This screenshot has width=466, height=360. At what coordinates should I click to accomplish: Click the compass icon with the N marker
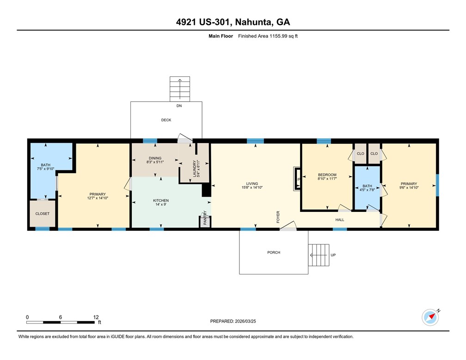click(x=430, y=317)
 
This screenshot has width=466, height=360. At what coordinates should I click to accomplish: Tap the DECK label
click(x=166, y=120)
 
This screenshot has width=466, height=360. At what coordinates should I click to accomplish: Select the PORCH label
click(x=274, y=252)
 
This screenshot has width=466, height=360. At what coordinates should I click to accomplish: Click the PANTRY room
click(x=205, y=221)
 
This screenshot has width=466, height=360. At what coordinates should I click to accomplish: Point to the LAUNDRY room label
click(x=194, y=169)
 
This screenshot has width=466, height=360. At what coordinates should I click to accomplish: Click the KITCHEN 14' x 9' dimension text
click(x=161, y=205)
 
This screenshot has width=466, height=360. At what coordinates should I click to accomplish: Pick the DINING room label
click(x=155, y=158)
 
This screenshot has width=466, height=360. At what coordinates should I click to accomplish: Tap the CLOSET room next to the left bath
click(x=43, y=214)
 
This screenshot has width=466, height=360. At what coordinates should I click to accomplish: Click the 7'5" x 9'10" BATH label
click(x=46, y=167)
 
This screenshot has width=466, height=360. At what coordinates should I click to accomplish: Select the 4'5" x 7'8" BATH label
click(x=368, y=188)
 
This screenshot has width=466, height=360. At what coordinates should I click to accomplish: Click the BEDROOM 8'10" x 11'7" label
click(x=327, y=177)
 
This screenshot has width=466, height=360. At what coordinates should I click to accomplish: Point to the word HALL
click(x=340, y=220)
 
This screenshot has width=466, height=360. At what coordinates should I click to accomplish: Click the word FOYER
click(x=278, y=217)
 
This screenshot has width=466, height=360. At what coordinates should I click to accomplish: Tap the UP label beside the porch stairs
click(x=333, y=255)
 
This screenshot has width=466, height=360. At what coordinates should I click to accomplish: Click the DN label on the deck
click(x=179, y=106)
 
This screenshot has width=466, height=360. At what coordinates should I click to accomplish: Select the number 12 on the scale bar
click(x=96, y=317)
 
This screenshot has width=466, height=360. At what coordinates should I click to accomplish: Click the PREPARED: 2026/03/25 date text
click(x=233, y=321)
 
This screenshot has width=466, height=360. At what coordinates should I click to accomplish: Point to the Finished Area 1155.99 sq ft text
click(x=268, y=36)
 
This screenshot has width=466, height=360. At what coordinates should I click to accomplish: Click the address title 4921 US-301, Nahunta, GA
click(x=233, y=22)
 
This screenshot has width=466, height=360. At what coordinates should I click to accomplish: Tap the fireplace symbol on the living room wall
click(x=297, y=179)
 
